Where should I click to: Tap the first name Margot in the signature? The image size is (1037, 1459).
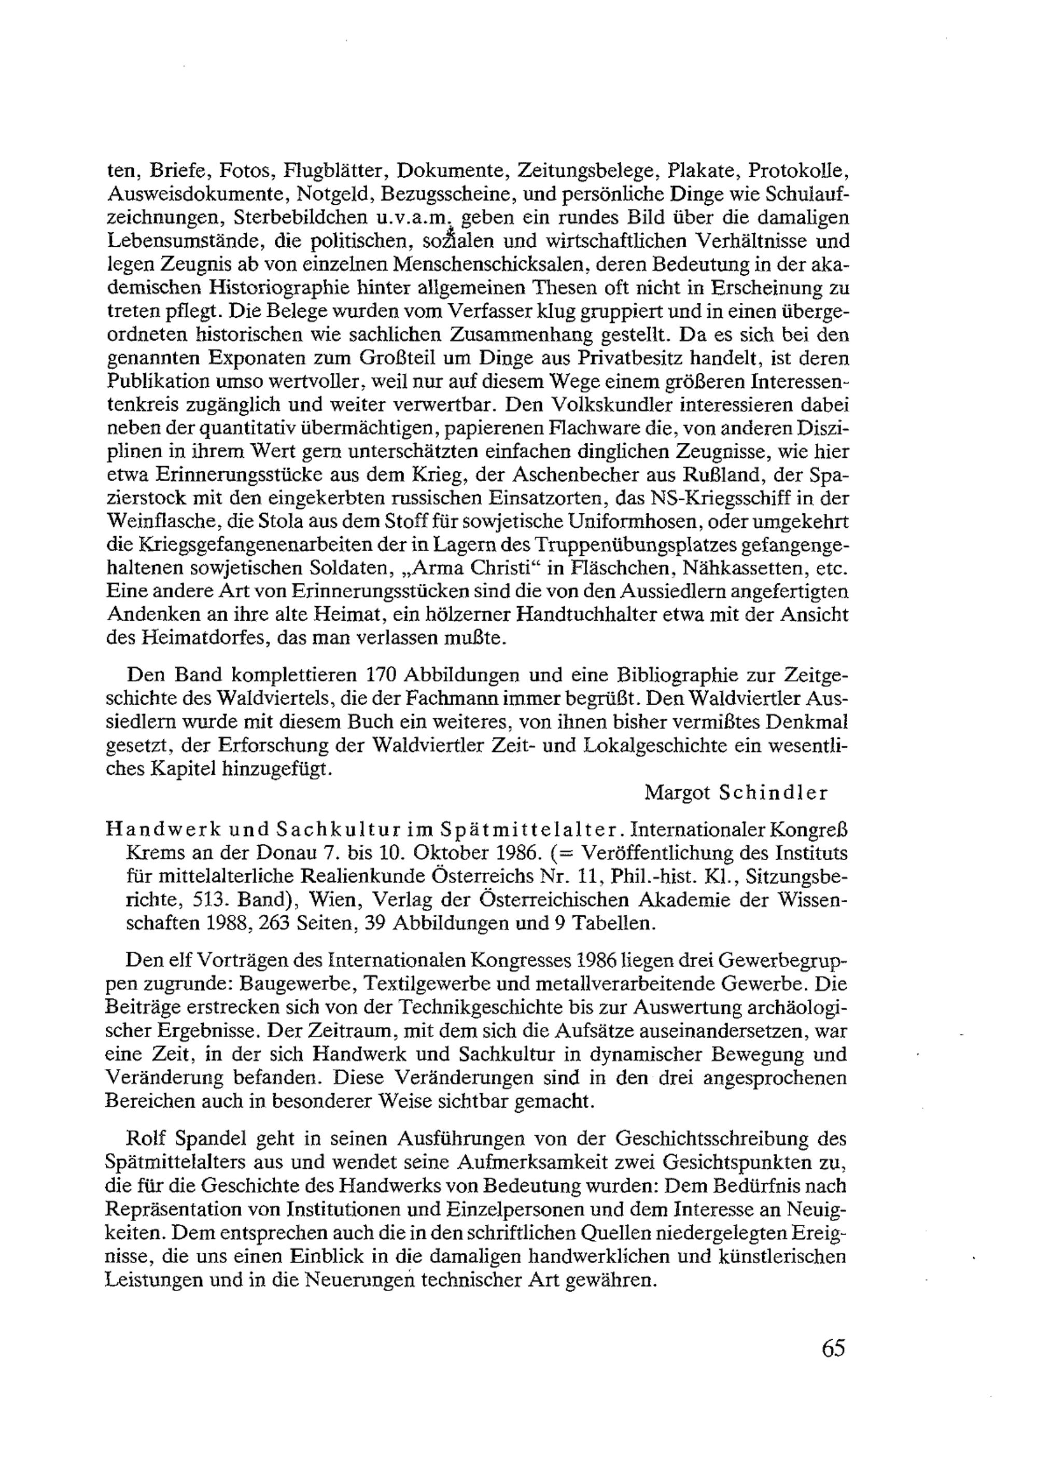[x=677, y=793]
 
